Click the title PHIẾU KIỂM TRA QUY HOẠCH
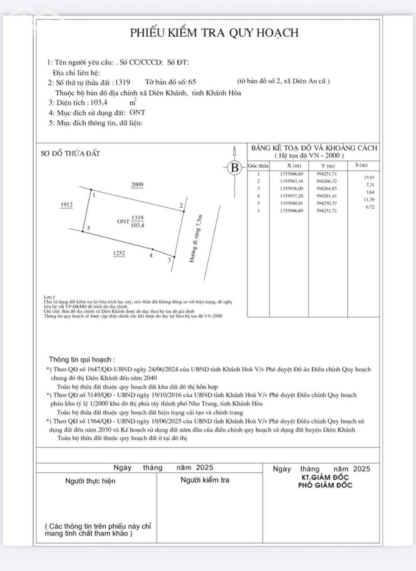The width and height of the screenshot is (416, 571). pyautogui.click(x=214, y=33)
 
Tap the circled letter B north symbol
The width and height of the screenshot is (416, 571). pyautogui.click(x=235, y=168)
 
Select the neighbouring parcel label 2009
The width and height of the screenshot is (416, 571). pyautogui.click(x=137, y=185)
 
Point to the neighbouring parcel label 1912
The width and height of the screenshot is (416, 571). pyautogui.click(x=66, y=204)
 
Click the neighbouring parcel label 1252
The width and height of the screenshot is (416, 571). pyautogui.click(x=119, y=253)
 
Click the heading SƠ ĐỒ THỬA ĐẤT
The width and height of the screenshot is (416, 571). pyautogui.click(x=70, y=154)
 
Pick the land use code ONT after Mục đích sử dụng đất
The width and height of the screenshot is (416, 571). pyautogui.click(x=137, y=112)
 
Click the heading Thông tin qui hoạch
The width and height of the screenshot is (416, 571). pyautogui.click(x=82, y=359)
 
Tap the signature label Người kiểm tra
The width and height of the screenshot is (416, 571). pyautogui.click(x=205, y=480)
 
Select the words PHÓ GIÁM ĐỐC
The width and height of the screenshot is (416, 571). pyautogui.click(x=325, y=485)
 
